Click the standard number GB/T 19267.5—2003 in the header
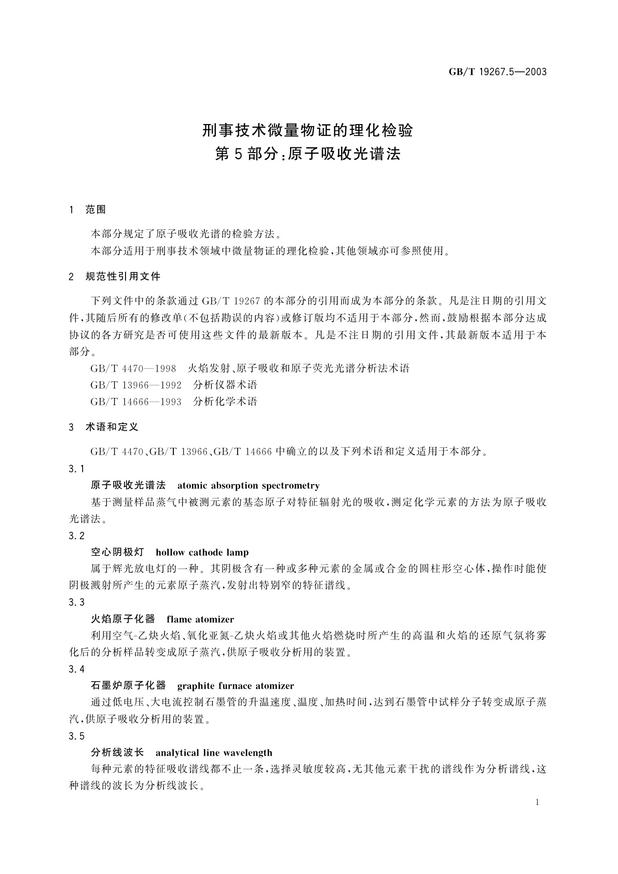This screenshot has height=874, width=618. click(x=498, y=72)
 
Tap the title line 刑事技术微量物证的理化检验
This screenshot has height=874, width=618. click(x=308, y=130)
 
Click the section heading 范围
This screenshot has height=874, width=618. click(x=95, y=210)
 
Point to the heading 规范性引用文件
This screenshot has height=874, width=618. click(x=123, y=277)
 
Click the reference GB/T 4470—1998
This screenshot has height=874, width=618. click(x=133, y=368)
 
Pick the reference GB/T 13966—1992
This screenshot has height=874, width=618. click(x=136, y=385)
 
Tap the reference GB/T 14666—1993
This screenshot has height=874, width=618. click(x=136, y=402)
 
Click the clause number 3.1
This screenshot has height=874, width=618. click(x=76, y=469)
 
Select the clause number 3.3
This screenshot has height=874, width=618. click(x=76, y=603)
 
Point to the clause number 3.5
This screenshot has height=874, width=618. click(x=76, y=736)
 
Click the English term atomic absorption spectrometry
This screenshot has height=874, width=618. click(x=248, y=486)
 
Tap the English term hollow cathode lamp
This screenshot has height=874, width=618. click(x=202, y=552)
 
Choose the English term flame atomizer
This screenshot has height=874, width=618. click(x=200, y=619)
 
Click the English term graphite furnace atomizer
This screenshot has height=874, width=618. click(x=236, y=686)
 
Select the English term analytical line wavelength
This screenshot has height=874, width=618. click(x=214, y=753)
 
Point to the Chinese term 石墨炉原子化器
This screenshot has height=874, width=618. click(x=128, y=686)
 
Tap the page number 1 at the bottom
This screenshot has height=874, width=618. click(x=537, y=802)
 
